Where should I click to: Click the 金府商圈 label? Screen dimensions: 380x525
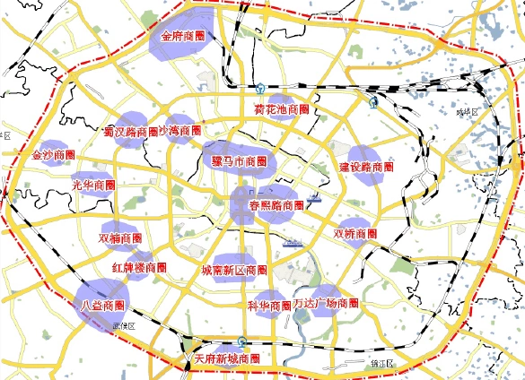(183, 38)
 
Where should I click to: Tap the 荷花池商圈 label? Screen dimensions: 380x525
(283, 110)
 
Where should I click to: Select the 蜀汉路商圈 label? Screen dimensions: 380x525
(132, 132)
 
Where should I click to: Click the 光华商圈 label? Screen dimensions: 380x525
(92, 185)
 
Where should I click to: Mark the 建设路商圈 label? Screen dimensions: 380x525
(366, 167)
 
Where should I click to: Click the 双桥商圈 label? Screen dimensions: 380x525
(355, 234)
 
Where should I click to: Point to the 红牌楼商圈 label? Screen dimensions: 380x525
(139, 267)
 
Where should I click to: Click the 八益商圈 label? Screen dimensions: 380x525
(101, 305)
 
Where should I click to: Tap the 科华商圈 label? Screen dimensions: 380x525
(269, 306)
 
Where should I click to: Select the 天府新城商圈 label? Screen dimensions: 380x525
(227, 358)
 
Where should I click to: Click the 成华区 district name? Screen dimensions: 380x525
(468, 112)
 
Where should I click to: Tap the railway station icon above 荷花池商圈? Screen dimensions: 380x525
(260, 89)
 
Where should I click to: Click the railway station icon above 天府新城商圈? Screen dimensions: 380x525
(242, 341)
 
